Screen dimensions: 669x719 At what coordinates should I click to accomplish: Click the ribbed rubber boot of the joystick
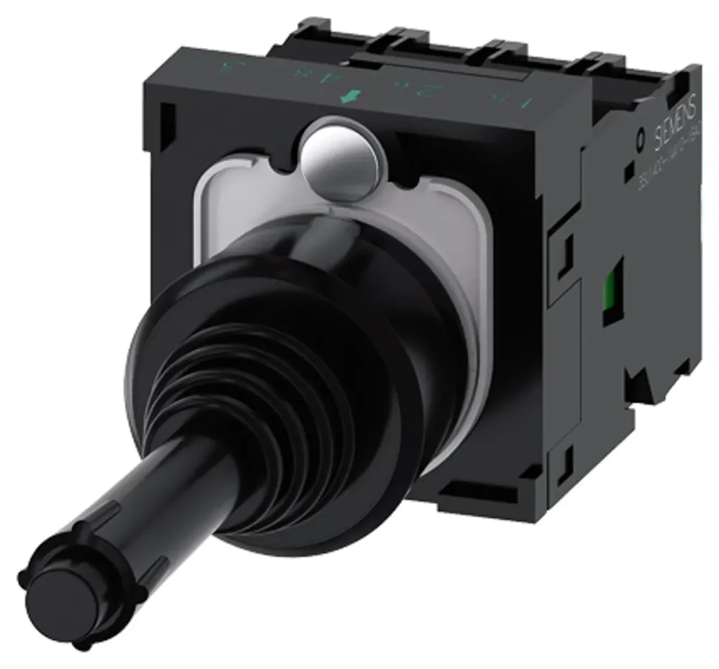[302, 403]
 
